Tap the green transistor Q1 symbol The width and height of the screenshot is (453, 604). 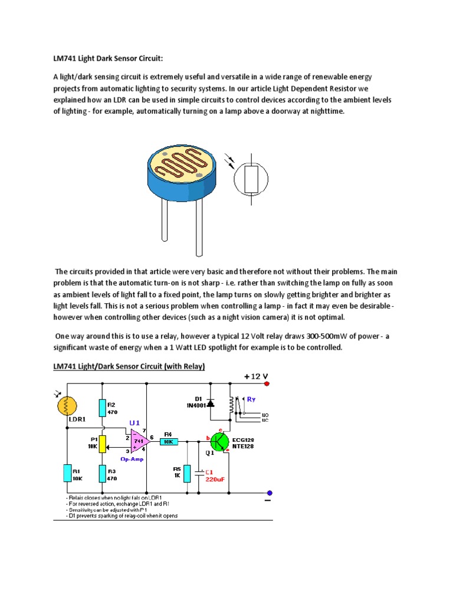point(219,441)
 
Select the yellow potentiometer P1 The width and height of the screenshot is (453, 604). point(103,443)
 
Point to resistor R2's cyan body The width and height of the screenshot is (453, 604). point(103,407)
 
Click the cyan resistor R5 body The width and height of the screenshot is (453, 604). point(188,473)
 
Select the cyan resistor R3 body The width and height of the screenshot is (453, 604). point(103,473)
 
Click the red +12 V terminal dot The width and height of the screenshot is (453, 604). point(267,384)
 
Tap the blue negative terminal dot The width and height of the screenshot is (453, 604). point(270,493)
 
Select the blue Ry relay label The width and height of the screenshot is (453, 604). point(251,399)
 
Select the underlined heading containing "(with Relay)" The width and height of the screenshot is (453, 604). point(129,367)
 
